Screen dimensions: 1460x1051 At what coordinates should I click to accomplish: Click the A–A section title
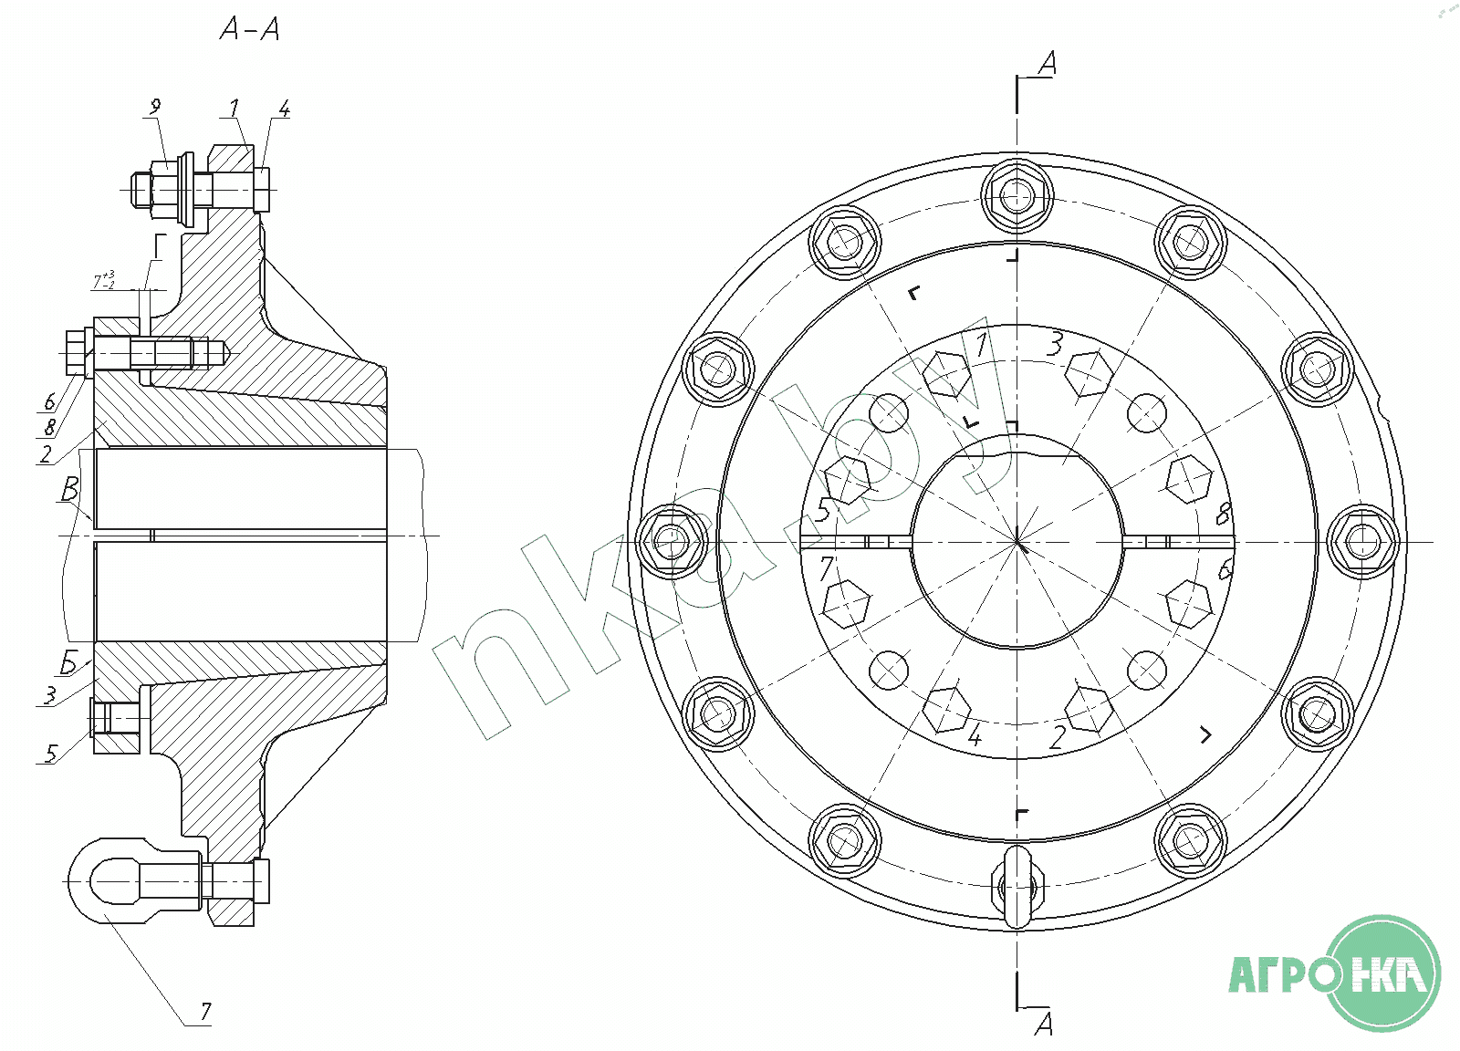tap(250, 29)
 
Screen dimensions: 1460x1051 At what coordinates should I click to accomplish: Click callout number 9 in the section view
tap(155, 107)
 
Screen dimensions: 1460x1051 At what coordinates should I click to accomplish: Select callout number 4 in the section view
tap(284, 109)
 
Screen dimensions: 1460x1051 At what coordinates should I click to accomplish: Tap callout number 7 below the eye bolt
tap(205, 1011)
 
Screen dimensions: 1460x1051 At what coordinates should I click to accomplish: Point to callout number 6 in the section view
tap(50, 401)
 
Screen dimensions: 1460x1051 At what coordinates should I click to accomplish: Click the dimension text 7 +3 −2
tap(104, 281)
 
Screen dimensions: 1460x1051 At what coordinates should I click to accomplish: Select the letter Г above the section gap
tap(159, 248)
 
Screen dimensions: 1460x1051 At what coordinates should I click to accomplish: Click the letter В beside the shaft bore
tap(69, 489)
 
